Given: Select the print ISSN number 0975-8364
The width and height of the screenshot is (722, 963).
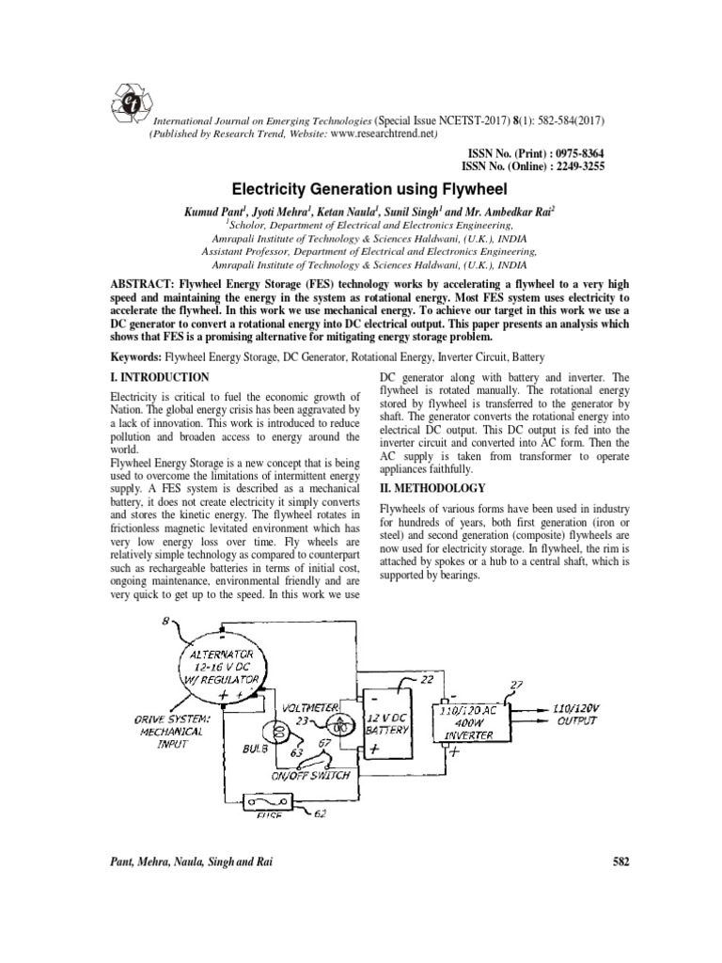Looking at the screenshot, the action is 572,152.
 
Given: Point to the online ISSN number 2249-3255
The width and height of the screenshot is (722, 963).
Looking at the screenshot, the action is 572,166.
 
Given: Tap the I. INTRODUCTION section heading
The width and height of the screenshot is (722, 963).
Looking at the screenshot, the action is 160,377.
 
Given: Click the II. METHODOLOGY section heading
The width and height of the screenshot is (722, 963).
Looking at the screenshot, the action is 432,488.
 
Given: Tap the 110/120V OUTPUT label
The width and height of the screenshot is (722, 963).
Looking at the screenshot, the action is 580,712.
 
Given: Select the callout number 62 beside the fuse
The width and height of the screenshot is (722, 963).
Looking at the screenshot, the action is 321,813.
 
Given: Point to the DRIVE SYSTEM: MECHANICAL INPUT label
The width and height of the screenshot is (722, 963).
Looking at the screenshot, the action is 157,733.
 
